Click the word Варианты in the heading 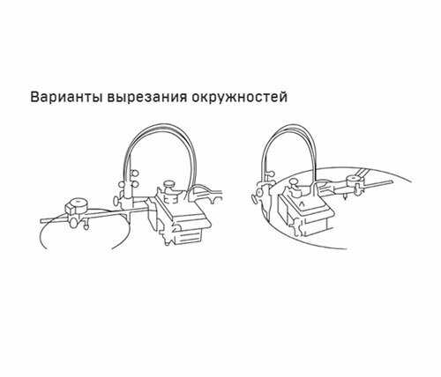click(x=66, y=98)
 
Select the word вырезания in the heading click(x=147, y=98)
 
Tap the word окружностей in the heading click(x=239, y=97)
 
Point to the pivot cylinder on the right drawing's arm click(x=354, y=180)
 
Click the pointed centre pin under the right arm click(x=345, y=196)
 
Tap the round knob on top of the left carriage click(x=168, y=184)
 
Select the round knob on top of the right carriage click(x=293, y=182)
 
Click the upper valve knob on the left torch click(x=135, y=174)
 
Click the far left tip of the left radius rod click(x=41, y=220)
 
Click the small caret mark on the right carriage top click(x=302, y=203)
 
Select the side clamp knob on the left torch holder click(x=116, y=201)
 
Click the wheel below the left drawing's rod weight click(x=73, y=222)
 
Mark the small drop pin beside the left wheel click(x=86, y=225)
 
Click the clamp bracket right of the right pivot click(x=359, y=188)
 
